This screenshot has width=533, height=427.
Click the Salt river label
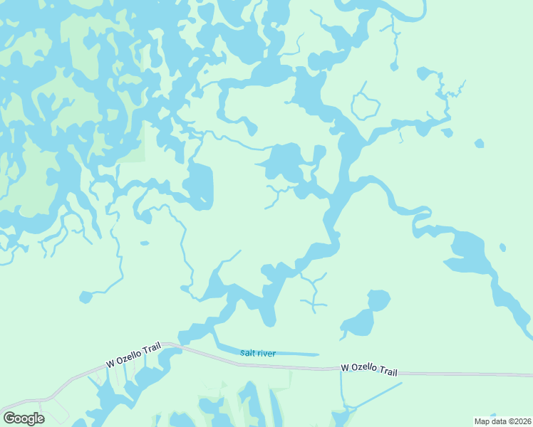(x=257, y=354)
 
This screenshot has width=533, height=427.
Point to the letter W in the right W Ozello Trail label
(x=345, y=367)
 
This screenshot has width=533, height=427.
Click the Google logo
(x=24, y=418)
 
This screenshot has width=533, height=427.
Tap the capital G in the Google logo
(x=9, y=418)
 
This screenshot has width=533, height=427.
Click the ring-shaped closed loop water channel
(x=366, y=107)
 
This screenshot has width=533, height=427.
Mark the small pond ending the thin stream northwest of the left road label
(x=86, y=296)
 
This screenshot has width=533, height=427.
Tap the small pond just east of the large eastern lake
(x=502, y=248)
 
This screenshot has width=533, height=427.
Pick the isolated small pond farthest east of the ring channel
(x=479, y=143)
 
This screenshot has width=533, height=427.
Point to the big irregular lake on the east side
(x=470, y=256)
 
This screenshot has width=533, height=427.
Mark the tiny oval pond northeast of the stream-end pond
(x=145, y=243)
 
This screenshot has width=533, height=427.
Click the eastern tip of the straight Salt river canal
(x=316, y=354)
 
